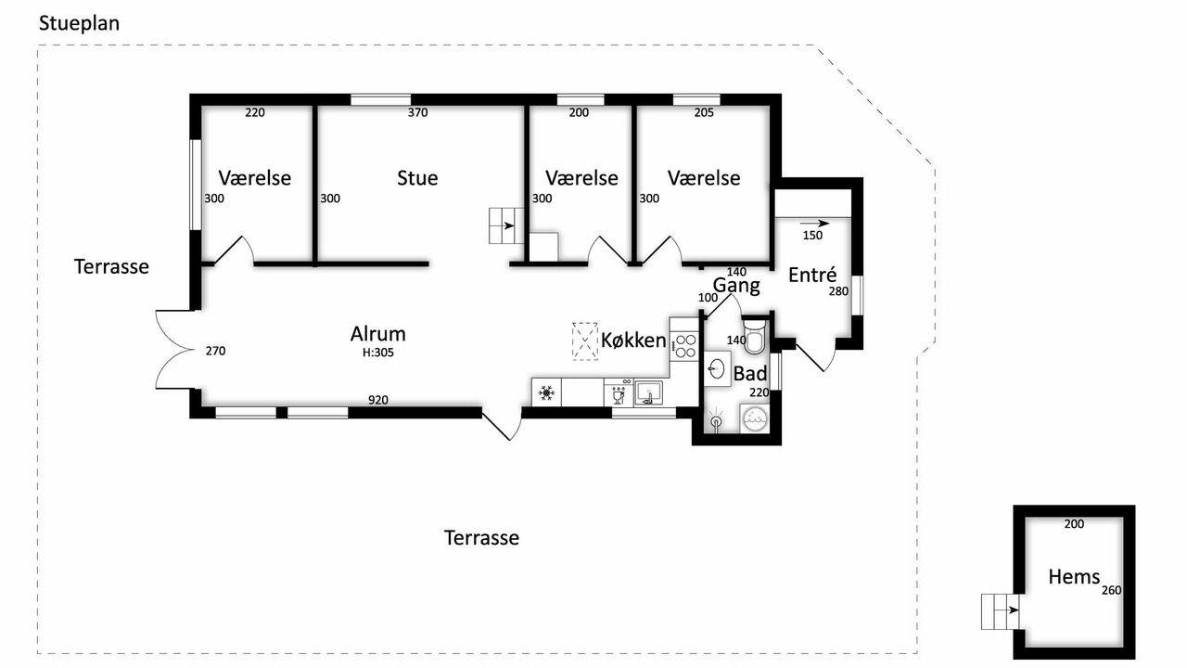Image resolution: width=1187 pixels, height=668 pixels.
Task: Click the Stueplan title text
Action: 79,24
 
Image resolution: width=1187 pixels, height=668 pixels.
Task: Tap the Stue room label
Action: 417,178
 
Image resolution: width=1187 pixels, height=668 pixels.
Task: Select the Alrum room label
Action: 377,334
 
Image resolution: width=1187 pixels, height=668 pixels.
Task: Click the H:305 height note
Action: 377,353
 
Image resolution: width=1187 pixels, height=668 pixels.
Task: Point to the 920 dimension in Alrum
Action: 377,400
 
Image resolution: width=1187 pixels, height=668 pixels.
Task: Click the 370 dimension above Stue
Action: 417,112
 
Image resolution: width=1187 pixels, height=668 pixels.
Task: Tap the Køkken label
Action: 633,340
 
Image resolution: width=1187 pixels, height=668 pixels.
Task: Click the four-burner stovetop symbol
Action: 684,346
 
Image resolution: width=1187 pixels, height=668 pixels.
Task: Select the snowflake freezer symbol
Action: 546,392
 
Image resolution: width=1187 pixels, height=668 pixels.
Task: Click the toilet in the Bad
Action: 754,336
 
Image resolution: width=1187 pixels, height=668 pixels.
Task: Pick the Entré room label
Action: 812,275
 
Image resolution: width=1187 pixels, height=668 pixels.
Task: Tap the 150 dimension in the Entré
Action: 812,236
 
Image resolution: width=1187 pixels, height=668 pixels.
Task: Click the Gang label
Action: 736,286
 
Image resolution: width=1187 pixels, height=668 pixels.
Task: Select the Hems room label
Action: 1074,577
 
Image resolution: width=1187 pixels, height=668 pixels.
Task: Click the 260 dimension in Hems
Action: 1111,590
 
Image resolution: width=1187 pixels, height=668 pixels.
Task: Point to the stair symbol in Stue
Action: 506,225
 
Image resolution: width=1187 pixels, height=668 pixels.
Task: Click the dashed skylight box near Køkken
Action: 585,341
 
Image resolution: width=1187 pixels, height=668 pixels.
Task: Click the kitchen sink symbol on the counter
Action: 648,393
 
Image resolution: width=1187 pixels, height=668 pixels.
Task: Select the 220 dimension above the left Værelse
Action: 255,112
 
